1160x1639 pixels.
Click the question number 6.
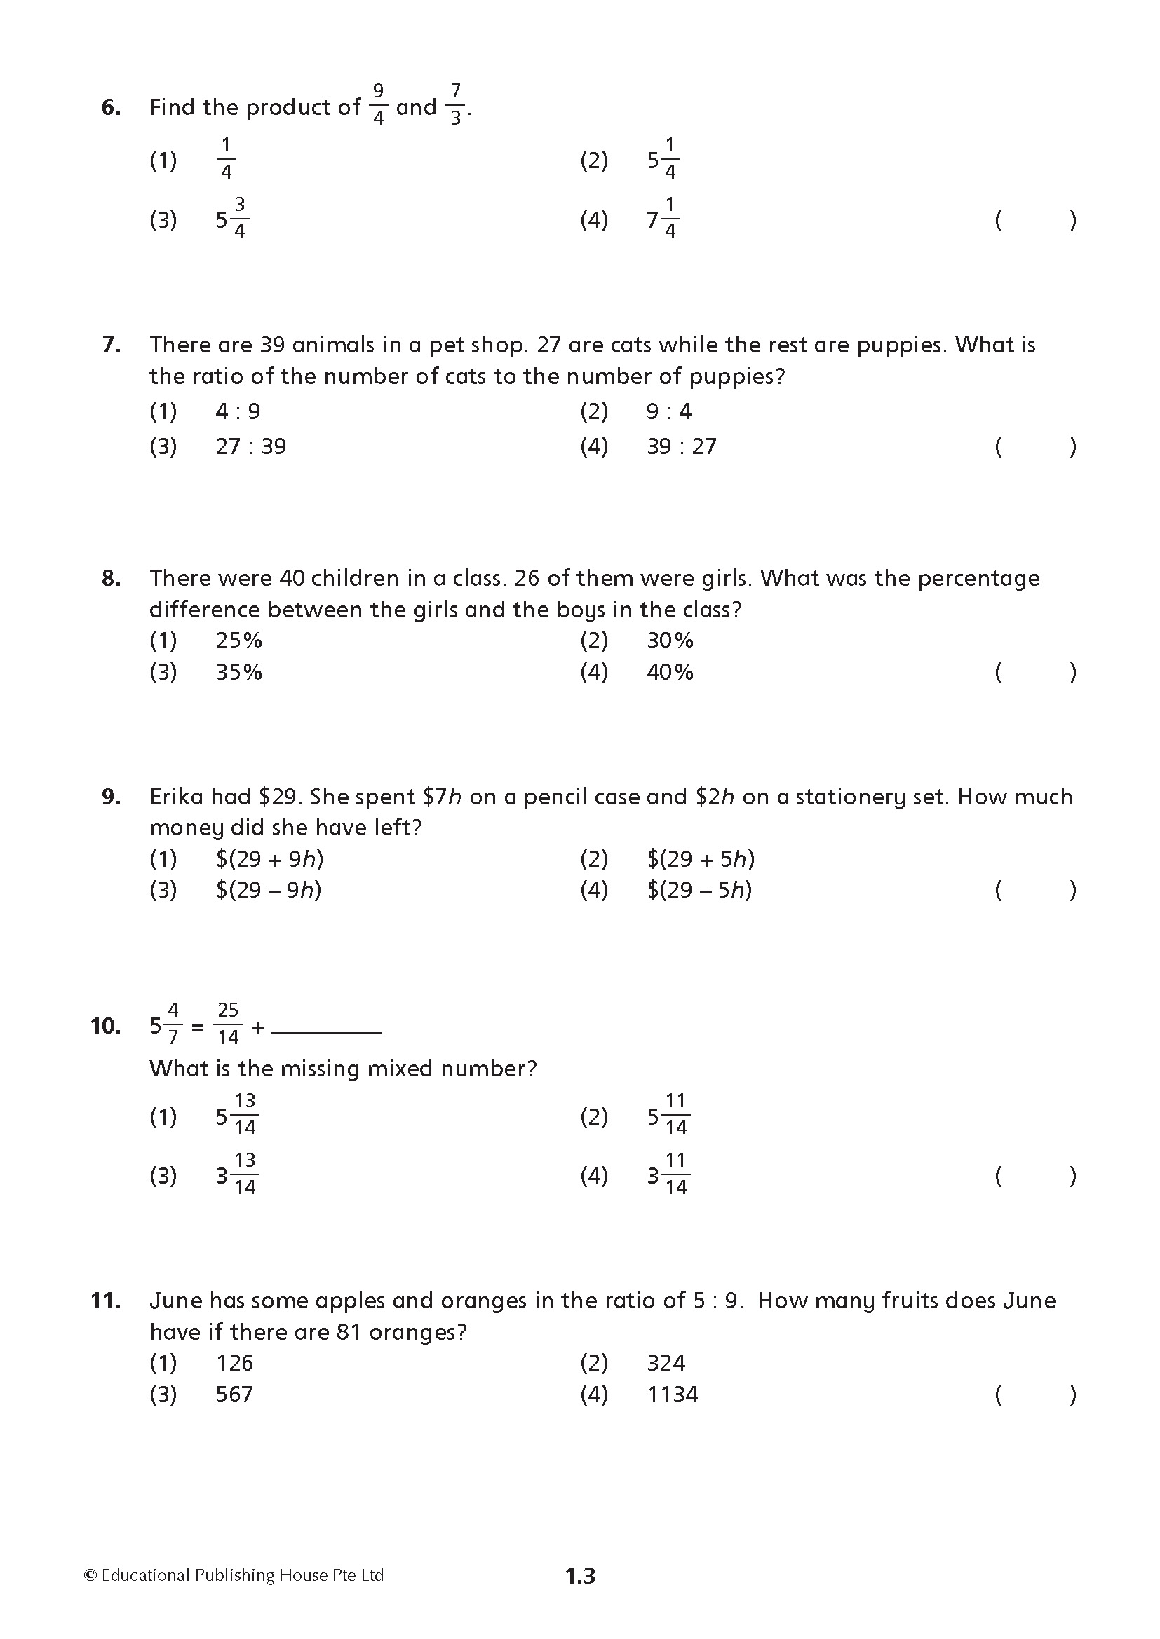click(x=111, y=108)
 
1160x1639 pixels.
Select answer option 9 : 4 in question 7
click(x=668, y=411)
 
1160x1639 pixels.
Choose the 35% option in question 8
click(x=238, y=672)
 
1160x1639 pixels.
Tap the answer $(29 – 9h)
click(x=269, y=889)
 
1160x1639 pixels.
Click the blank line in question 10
click(x=327, y=1032)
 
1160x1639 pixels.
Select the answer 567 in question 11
click(x=234, y=1394)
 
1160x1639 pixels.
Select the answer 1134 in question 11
click(x=672, y=1394)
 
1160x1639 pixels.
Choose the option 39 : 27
click(x=681, y=446)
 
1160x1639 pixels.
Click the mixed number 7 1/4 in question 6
click(x=663, y=219)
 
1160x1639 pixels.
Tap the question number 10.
click(x=106, y=1027)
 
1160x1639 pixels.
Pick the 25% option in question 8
click(x=238, y=640)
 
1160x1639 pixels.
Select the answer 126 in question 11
click(x=234, y=1363)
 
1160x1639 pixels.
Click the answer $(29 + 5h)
click(x=701, y=858)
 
